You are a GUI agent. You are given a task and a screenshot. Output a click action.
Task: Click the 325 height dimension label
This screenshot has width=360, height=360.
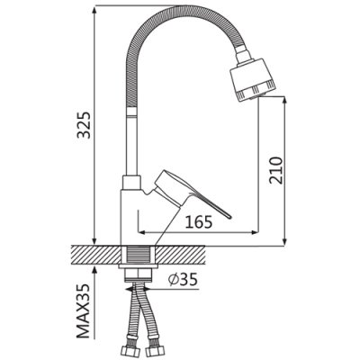[84, 125]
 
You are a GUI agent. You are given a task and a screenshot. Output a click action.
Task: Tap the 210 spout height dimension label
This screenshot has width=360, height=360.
[276, 170]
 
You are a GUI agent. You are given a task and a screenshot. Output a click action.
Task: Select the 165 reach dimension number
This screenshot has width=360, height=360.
[199, 222]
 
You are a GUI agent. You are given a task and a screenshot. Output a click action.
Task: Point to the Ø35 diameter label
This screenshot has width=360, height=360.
[183, 280]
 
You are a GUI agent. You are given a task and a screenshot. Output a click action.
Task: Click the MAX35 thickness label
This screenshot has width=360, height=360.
[84, 311]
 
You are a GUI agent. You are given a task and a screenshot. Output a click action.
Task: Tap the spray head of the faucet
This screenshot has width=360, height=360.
[253, 80]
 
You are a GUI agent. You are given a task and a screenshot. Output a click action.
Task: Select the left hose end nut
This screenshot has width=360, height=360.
[128, 351]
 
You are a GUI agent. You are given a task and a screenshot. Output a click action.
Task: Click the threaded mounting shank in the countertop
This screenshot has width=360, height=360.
[139, 255]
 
